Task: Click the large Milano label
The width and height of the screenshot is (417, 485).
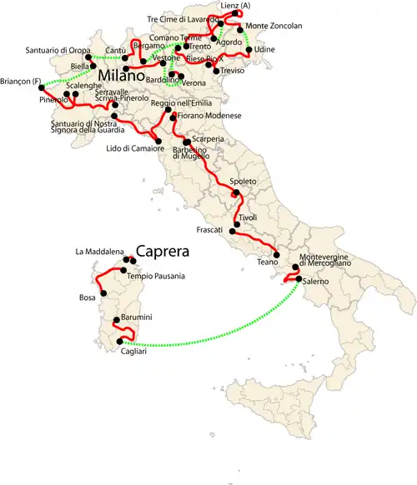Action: pyautogui.click(x=127, y=76)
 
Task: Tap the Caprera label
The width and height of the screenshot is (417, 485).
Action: pyautogui.click(x=163, y=251)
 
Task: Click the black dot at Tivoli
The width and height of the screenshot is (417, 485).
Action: pyautogui.click(x=238, y=226)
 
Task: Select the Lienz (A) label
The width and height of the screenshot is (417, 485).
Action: pyautogui.click(x=235, y=5)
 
